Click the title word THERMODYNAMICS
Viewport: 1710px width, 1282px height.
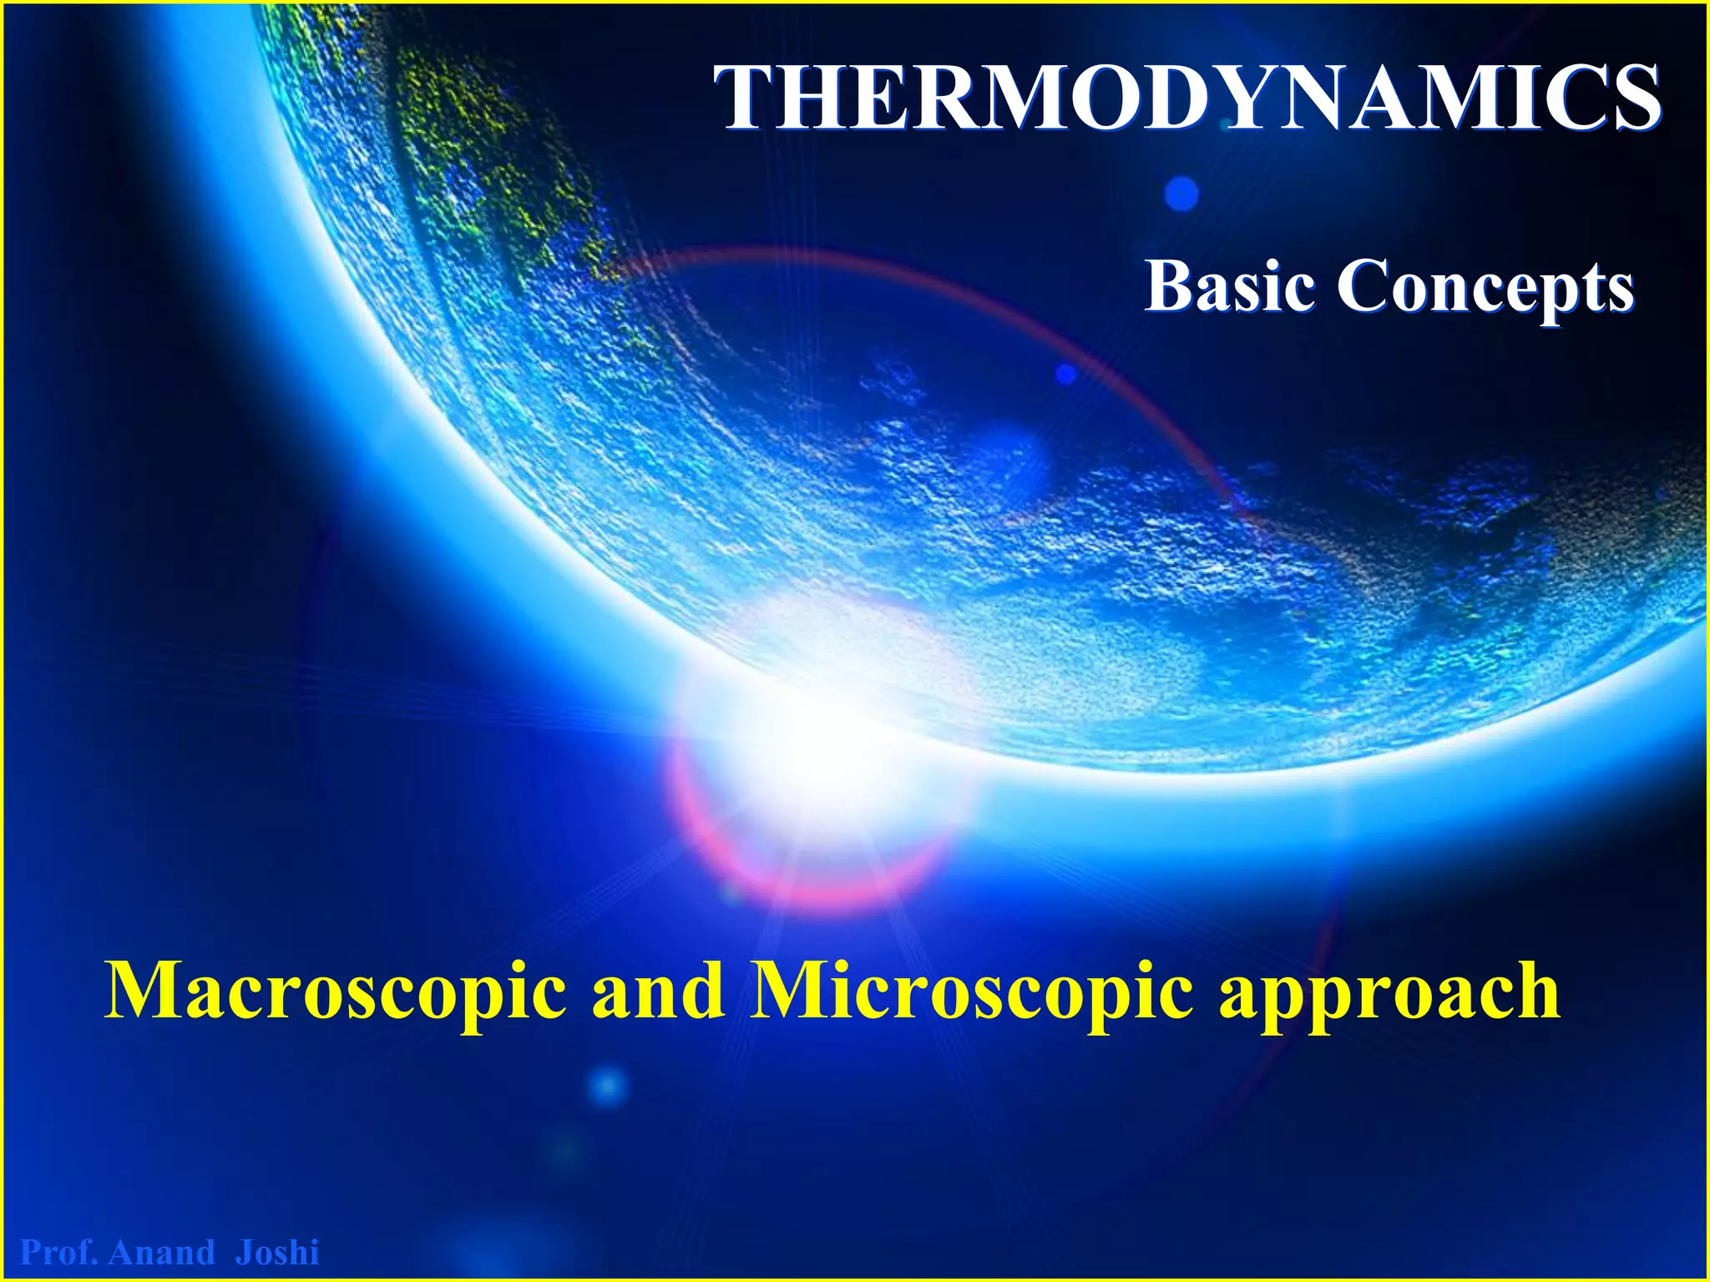[x=1186, y=98]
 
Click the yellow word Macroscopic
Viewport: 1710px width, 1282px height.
[x=334, y=992]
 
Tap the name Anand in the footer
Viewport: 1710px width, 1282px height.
[x=162, y=1253]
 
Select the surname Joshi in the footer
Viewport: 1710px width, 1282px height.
[x=277, y=1253]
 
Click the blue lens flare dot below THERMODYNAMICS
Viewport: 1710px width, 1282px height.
[x=1181, y=194]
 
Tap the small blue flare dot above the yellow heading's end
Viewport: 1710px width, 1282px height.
[x=607, y=1086]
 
